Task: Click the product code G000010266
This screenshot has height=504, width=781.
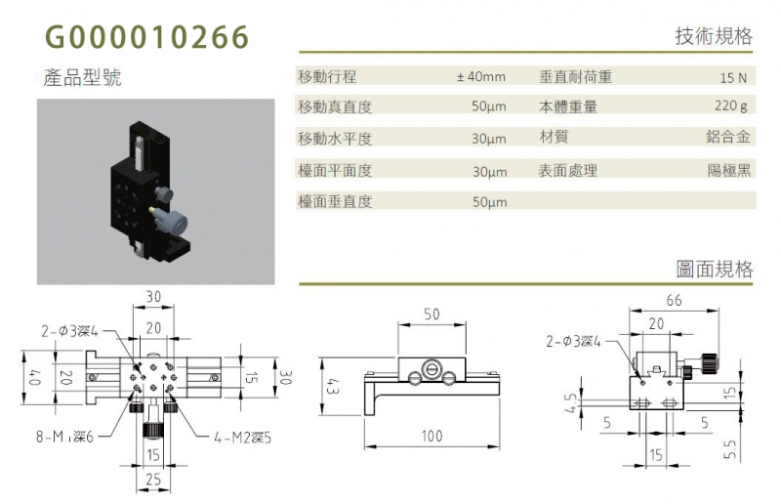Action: point(147,37)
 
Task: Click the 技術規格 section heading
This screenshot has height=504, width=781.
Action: point(714,36)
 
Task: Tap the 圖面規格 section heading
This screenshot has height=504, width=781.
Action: point(715,270)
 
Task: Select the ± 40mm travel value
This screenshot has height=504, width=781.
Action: point(481,77)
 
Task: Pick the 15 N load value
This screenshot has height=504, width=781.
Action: point(733,78)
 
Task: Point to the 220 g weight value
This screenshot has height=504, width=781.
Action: point(730,106)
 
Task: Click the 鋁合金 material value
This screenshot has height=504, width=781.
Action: point(727,137)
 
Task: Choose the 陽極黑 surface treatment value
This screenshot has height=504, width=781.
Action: point(728,171)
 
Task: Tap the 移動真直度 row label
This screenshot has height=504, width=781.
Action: point(335,106)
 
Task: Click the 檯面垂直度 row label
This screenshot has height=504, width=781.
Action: point(335,201)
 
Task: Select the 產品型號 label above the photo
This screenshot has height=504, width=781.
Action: point(82,78)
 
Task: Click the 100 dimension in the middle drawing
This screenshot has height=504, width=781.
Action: point(432,437)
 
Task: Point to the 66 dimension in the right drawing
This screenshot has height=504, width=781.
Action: point(674,300)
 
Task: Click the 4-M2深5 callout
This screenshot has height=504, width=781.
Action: point(242,439)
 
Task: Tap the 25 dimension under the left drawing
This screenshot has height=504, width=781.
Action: point(153,480)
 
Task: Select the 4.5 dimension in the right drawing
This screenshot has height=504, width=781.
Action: point(572,403)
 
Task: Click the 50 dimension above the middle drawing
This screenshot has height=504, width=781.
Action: point(432,315)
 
